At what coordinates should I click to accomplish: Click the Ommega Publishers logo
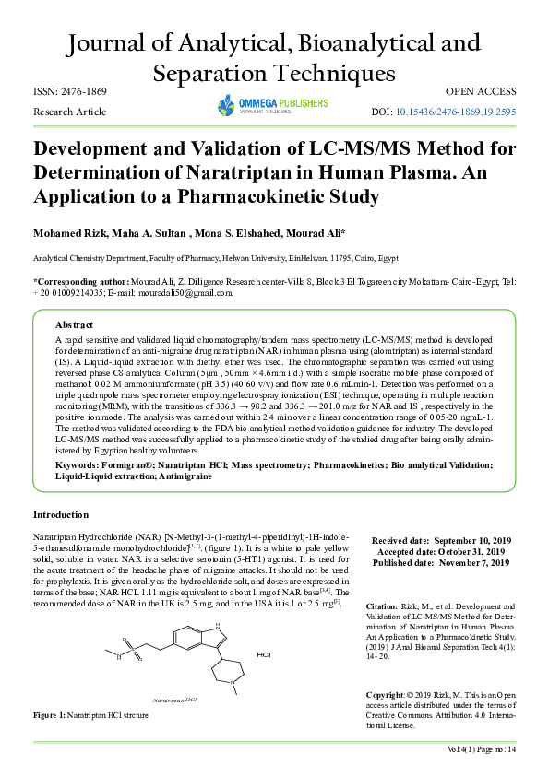pos(272,104)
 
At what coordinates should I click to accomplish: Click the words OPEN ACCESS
pos(481,92)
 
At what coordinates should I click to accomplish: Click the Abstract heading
pos(74,325)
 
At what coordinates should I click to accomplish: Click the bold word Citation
pos(382,608)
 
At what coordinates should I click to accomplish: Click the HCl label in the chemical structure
pos(263,655)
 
